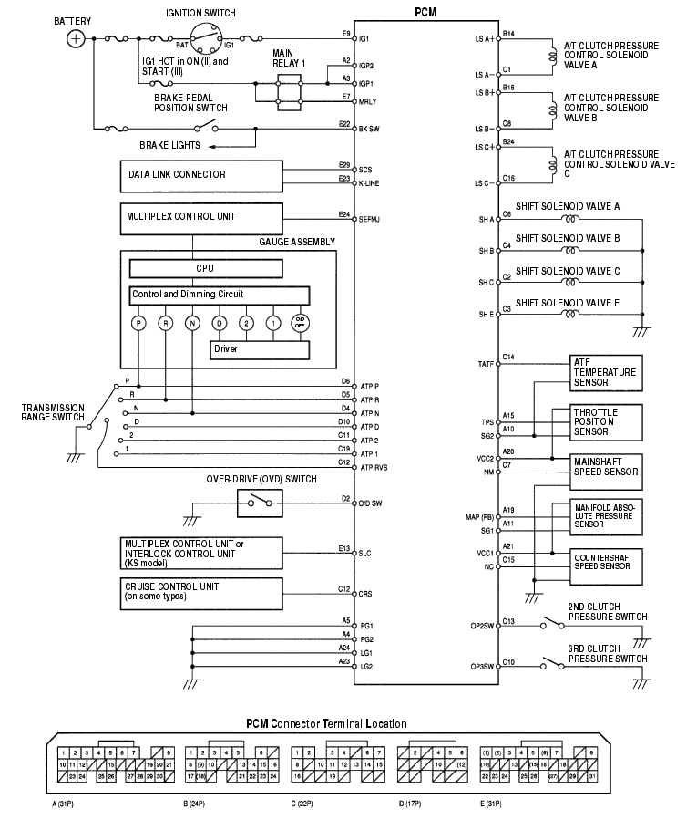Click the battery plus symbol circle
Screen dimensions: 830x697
(77, 38)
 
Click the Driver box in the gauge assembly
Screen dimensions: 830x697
(260, 349)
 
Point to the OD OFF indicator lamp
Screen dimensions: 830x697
(300, 323)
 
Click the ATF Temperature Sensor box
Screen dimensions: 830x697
(606, 372)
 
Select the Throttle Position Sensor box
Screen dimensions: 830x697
(606, 422)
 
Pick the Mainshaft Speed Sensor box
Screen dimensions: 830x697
(606, 471)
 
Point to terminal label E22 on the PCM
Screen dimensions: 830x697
(343, 122)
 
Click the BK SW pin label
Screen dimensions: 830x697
(369, 130)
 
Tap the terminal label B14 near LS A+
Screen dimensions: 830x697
(508, 34)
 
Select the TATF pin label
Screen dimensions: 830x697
(486, 364)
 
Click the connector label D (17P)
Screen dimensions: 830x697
(414, 805)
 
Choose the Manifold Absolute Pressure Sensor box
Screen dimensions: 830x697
(606, 515)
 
